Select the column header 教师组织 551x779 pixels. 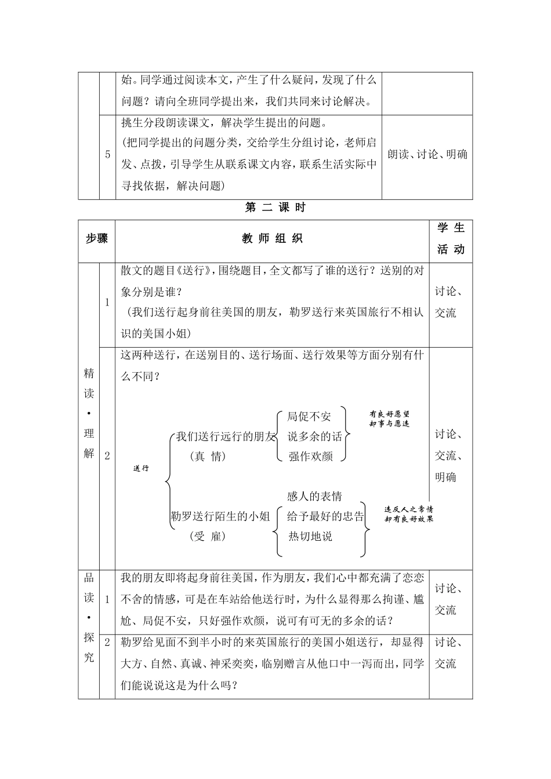[272, 239]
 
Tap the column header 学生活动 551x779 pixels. [451, 239]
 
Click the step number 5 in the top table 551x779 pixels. [107, 155]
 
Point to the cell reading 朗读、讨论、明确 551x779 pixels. [427, 155]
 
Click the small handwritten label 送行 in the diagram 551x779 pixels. [141, 468]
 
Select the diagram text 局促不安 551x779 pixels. [309, 416]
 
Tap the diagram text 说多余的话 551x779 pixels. [315, 436]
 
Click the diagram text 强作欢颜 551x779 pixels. [311, 456]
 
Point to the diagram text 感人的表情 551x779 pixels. [314, 497]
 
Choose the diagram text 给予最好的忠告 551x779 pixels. [326, 516]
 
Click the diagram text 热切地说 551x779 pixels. [311, 536]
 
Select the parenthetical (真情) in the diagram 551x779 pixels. [207, 457]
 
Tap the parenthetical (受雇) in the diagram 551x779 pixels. [207, 536]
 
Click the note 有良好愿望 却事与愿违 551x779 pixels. [389, 419]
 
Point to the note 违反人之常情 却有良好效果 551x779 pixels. [409, 514]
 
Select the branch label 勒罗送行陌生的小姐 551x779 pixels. [220, 516]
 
